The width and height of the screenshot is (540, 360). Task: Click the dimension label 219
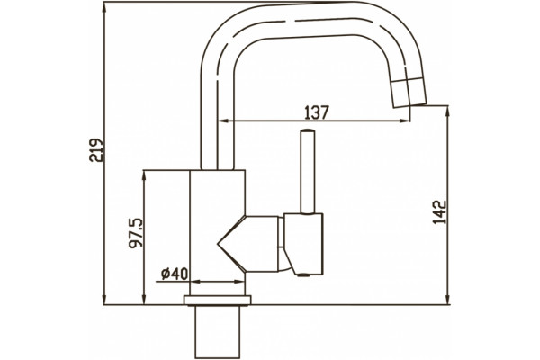click(96, 150)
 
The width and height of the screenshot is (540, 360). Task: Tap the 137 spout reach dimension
click(317, 112)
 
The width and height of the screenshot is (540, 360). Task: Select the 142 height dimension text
click(439, 212)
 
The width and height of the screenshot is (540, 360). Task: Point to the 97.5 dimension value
click(135, 233)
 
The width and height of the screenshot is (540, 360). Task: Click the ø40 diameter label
click(175, 274)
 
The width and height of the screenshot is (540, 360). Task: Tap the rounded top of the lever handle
click(307, 131)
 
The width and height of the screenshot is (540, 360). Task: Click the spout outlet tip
click(410, 106)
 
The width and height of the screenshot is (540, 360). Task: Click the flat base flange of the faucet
click(218, 300)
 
